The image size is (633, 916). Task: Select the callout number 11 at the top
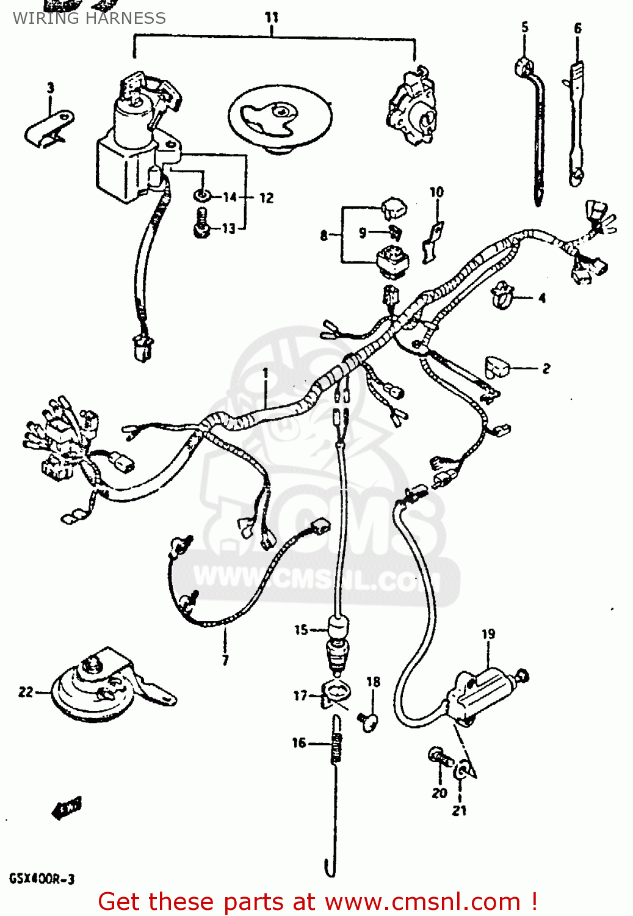[272, 18]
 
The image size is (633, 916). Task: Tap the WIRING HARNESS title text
[89, 18]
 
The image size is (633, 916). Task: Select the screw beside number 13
[201, 224]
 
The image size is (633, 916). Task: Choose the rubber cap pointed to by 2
[497, 367]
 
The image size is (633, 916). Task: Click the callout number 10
[436, 192]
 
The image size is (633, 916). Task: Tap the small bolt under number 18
[369, 722]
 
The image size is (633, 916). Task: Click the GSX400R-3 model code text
[42, 879]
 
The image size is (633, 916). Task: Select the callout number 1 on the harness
[266, 372]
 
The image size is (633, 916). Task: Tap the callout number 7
[225, 660]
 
